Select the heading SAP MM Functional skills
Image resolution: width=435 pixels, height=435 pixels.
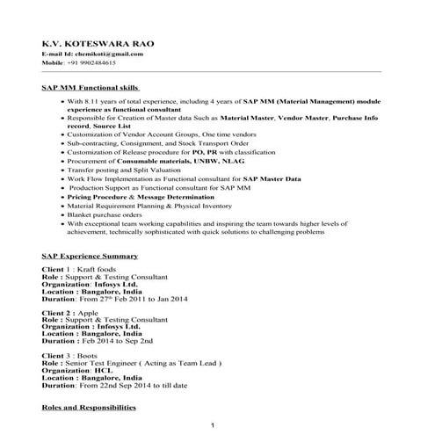point(91,89)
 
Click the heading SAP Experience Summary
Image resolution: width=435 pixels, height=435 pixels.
point(90,255)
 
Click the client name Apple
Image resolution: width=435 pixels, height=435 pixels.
point(86,312)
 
